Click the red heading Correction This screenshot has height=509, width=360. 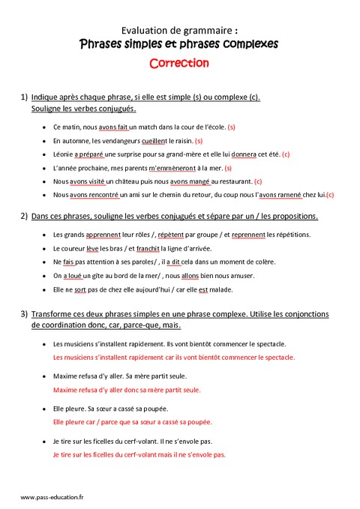coord(179,63)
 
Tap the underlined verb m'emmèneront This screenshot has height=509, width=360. coord(171,168)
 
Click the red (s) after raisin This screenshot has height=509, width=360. coord(199,141)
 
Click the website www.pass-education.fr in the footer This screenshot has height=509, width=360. coord(52,497)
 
